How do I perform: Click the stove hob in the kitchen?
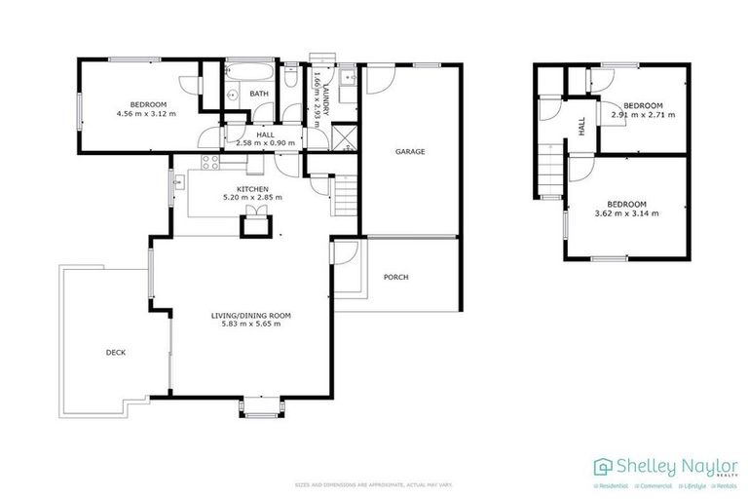tap(209, 164)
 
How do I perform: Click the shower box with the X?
tap(340, 136)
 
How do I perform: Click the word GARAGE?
tap(409, 152)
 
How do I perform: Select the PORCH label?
tap(395, 278)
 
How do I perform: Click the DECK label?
tap(116, 353)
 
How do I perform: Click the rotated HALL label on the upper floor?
tap(581, 126)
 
